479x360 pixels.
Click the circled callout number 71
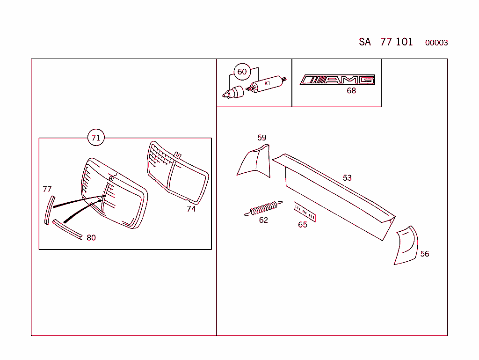[x=96, y=138]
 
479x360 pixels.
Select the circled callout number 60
[x=242, y=72]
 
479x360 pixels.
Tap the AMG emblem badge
[x=337, y=80]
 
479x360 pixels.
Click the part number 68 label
[x=351, y=91]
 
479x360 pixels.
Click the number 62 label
[x=263, y=220]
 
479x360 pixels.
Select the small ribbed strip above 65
[x=305, y=212]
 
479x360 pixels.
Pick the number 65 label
[x=303, y=225]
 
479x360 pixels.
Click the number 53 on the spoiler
[x=347, y=178]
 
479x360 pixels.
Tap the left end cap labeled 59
[x=255, y=162]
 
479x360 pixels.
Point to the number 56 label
[x=424, y=254]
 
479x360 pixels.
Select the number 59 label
[x=262, y=138]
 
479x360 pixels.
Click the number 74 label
[x=191, y=209]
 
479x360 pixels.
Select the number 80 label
[x=91, y=238]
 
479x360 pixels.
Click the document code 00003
[x=436, y=43]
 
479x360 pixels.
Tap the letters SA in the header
[x=365, y=42]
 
